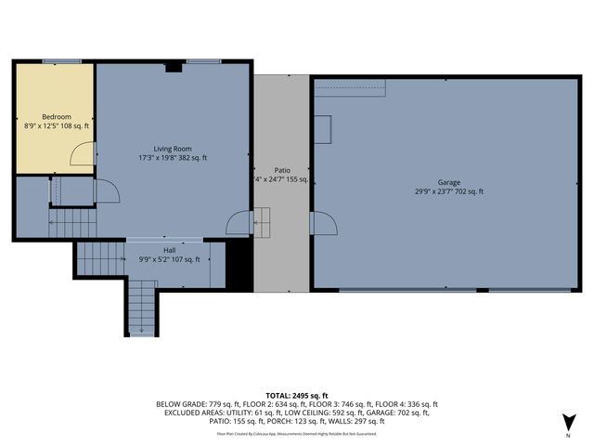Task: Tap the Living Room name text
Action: (173, 149)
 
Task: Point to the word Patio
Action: (282, 170)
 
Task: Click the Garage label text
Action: (449, 183)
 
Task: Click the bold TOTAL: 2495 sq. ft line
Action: (297, 395)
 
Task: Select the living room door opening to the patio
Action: (238, 223)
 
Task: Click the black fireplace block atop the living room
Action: (173, 67)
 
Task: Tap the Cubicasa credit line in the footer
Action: (297, 433)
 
